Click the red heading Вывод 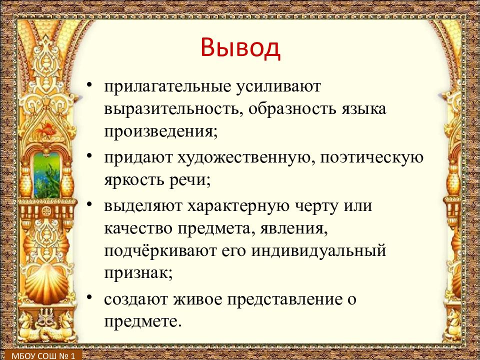click(x=240, y=48)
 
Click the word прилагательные click(x=167, y=86)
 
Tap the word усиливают click(x=278, y=86)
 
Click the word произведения click(x=161, y=132)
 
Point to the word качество click(x=138, y=228)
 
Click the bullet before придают click(x=89, y=156)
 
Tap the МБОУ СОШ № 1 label click(x=43, y=355)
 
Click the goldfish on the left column click(x=46, y=129)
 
